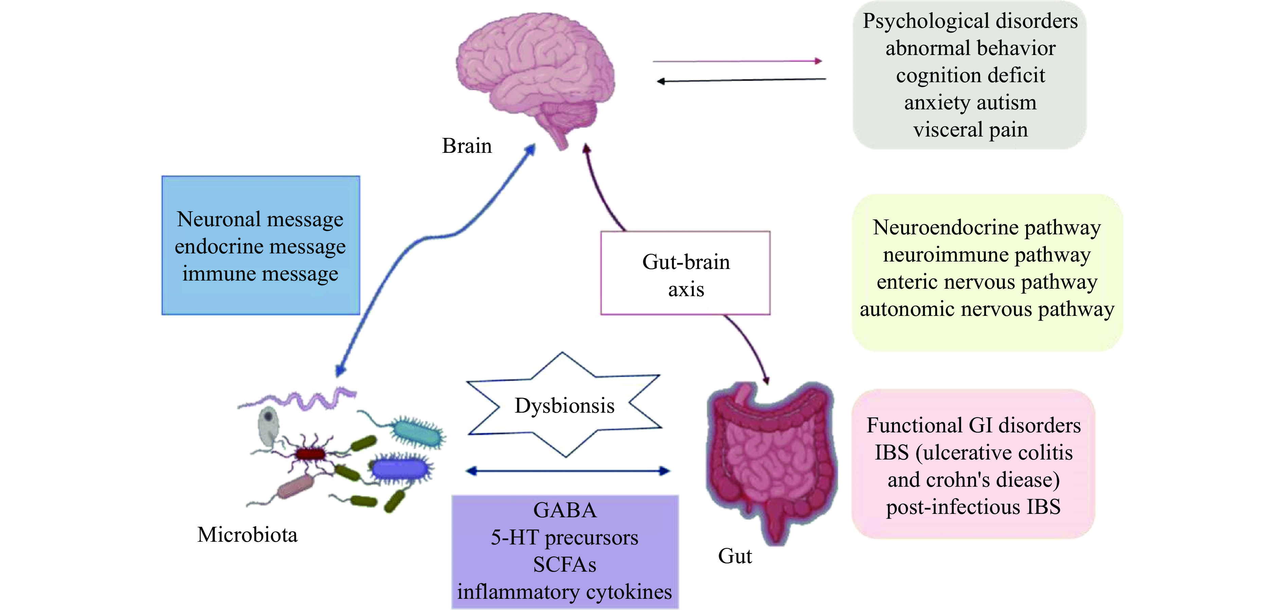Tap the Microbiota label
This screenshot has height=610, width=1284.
247,535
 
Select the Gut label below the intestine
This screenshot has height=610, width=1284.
735,556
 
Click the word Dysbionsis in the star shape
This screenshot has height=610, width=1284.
564,406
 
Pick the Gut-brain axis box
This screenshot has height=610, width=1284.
685,273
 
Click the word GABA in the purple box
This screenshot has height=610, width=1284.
565,510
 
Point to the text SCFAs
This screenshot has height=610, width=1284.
565,564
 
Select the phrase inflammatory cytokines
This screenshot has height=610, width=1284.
565,592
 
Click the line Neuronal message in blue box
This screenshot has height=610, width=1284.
260,219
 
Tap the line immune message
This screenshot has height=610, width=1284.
260,274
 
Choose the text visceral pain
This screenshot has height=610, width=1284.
970,130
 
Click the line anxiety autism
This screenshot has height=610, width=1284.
970,103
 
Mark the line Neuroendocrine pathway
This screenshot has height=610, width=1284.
987,227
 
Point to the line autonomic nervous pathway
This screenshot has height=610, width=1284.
987,309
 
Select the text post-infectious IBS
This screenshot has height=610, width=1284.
973,507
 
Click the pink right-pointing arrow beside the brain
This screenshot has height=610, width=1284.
738,61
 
